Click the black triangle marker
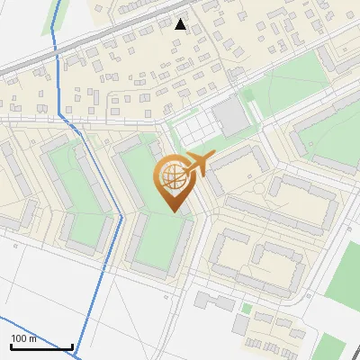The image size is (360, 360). [x=181, y=24]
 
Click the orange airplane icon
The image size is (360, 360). [x=198, y=164]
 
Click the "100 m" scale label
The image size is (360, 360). [x=23, y=338]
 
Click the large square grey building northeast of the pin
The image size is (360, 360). [x=231, y=116]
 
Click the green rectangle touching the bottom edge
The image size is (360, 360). [x=333, y=348]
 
